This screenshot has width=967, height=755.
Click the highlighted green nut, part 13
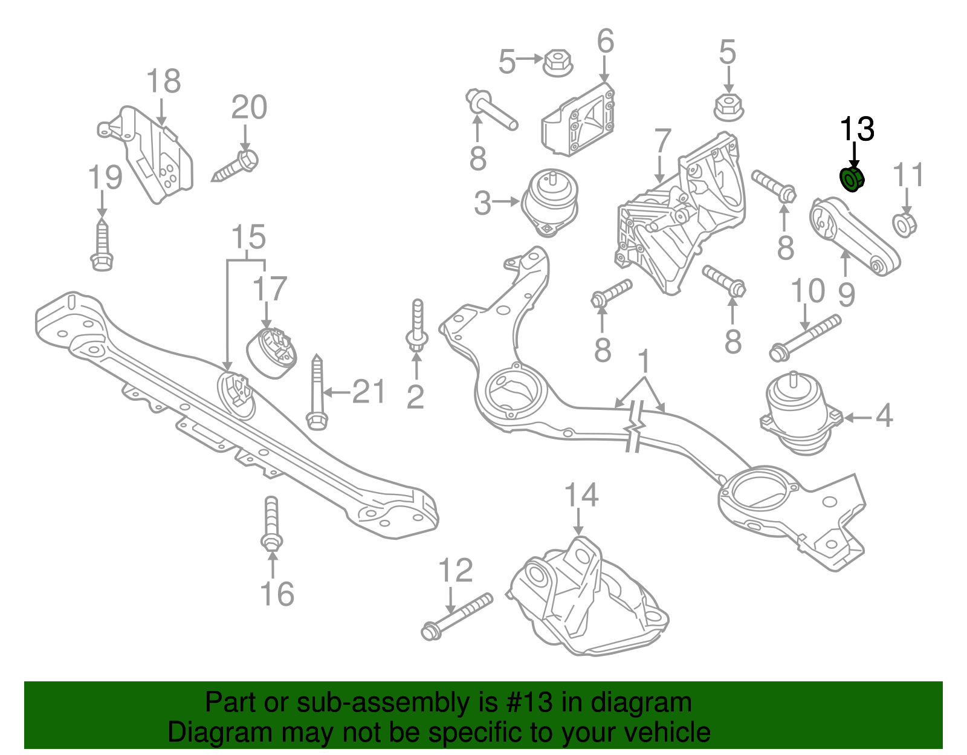click(852, 179)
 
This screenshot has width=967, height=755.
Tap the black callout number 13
click(857, 129)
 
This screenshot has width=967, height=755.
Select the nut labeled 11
click(904, 224)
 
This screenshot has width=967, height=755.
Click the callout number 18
click(163, 81)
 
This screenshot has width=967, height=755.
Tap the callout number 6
click(605, 41)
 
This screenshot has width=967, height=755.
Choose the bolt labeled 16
click(271, 523)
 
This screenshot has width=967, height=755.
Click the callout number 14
click(581, 495)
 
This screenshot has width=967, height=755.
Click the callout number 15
click(248, 237)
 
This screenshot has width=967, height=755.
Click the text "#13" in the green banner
click(525, 702)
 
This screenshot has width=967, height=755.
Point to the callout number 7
click(663, 141)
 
